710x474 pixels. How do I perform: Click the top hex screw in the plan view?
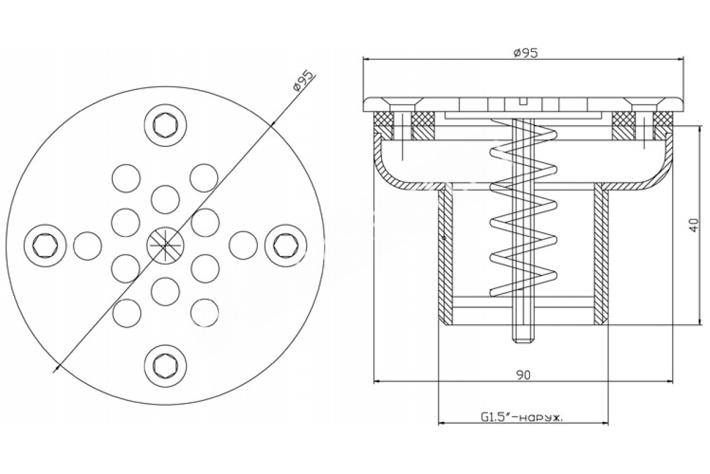(166, 125)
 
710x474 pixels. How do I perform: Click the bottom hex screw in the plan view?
(166, 366)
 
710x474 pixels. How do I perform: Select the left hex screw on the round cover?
(46, 245)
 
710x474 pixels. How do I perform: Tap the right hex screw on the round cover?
(286, 245)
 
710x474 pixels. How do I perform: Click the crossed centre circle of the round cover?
(166, 245)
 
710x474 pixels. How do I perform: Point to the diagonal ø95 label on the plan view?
(304, 82)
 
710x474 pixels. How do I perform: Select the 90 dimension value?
(524, 375)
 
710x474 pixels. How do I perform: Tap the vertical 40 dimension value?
(693, 225)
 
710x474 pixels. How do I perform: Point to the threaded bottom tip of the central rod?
(523, 337)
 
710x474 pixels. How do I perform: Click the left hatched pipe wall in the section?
(446, 255)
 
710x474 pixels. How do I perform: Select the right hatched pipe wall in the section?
(601, 255)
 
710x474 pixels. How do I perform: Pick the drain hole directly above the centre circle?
(166, 200)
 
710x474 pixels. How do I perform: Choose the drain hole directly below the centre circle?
(166, 292)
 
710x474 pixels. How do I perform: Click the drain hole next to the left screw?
(88, 246)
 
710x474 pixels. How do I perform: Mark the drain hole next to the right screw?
(243, 245)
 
